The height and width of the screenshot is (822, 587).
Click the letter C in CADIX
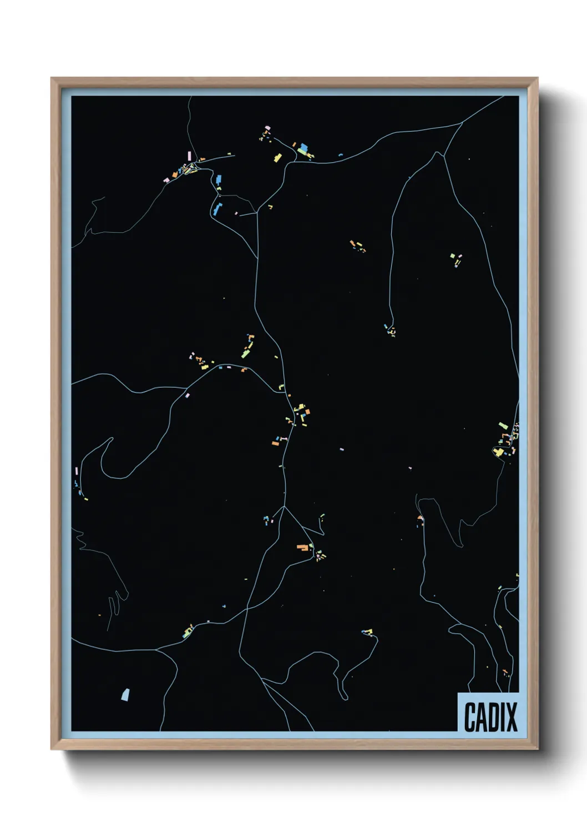point(470,717)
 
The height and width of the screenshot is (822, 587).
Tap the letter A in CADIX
point(482,717)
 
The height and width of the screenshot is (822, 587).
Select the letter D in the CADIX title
point(494,717)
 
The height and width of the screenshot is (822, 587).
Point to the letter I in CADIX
point(503,717)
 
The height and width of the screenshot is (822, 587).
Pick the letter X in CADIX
point(512,717)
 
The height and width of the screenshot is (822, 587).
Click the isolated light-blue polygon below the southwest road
point(125,694)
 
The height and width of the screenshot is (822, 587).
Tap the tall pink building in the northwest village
point(190,155)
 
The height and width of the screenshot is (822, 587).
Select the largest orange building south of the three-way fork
point(302,547)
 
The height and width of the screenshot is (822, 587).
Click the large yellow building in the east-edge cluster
point(499,452)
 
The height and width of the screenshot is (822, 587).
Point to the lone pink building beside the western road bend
point(187,395)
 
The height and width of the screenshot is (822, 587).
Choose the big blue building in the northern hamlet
point(303,148)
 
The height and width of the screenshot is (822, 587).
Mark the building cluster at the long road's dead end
point(391,330)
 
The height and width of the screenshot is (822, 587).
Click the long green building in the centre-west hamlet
point(246,352)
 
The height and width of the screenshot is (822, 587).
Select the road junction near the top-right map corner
point(462,123)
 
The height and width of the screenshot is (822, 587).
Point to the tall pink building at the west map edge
point(77,471)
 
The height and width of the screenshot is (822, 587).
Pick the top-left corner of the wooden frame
point(52,78)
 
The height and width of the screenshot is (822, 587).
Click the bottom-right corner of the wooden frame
point(537,749)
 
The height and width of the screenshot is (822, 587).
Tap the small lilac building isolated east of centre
point(342,449)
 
